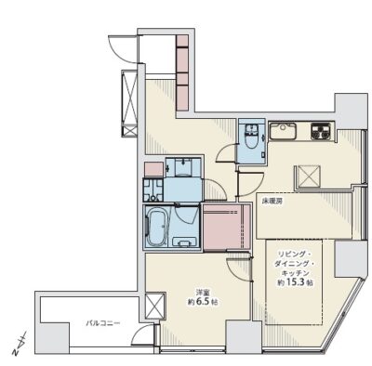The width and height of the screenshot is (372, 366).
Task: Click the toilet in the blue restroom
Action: [x=251, y=137]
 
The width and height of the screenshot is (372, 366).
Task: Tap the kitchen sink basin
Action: [x=283, y=131]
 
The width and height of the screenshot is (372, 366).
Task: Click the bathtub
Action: [x=157, y=226]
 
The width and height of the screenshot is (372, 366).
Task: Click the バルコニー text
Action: [x=102, y=323]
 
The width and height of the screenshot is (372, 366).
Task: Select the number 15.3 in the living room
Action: [x=295, y=282]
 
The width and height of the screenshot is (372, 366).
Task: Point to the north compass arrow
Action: [x=20, y=343]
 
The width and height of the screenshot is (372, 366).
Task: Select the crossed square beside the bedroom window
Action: [x=155, y=306]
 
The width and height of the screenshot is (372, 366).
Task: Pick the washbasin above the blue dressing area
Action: [x=183, y=166]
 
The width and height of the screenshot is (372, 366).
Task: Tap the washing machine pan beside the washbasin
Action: [x=153, y=190]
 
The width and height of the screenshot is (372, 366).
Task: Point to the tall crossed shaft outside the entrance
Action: [x=129, y=104]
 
